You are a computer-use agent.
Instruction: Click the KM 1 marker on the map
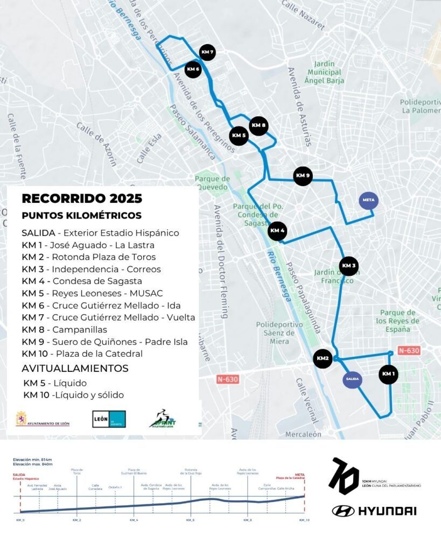[x=388, y=374]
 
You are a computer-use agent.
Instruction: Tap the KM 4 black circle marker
[x=277, y=231]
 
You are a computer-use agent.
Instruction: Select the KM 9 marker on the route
[x=303, y=176]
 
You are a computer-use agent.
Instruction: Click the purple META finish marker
[x=369, y=201]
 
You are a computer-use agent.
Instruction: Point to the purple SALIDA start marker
[x=352, y=379]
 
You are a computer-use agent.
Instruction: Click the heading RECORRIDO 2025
[x=82, y=199]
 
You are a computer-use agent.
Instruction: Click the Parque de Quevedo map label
[x=213, y=183]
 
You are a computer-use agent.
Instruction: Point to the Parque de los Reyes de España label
[x=398, y=321]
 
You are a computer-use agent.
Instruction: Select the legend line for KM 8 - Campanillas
[x=65, y=329]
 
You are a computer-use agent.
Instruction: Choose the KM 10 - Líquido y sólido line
[x=74, y=395]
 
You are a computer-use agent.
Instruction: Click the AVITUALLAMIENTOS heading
[x=75, y=369]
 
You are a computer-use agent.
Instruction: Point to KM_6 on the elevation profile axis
[x=190, y=520]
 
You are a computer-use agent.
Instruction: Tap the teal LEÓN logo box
[x=109, y=419]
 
